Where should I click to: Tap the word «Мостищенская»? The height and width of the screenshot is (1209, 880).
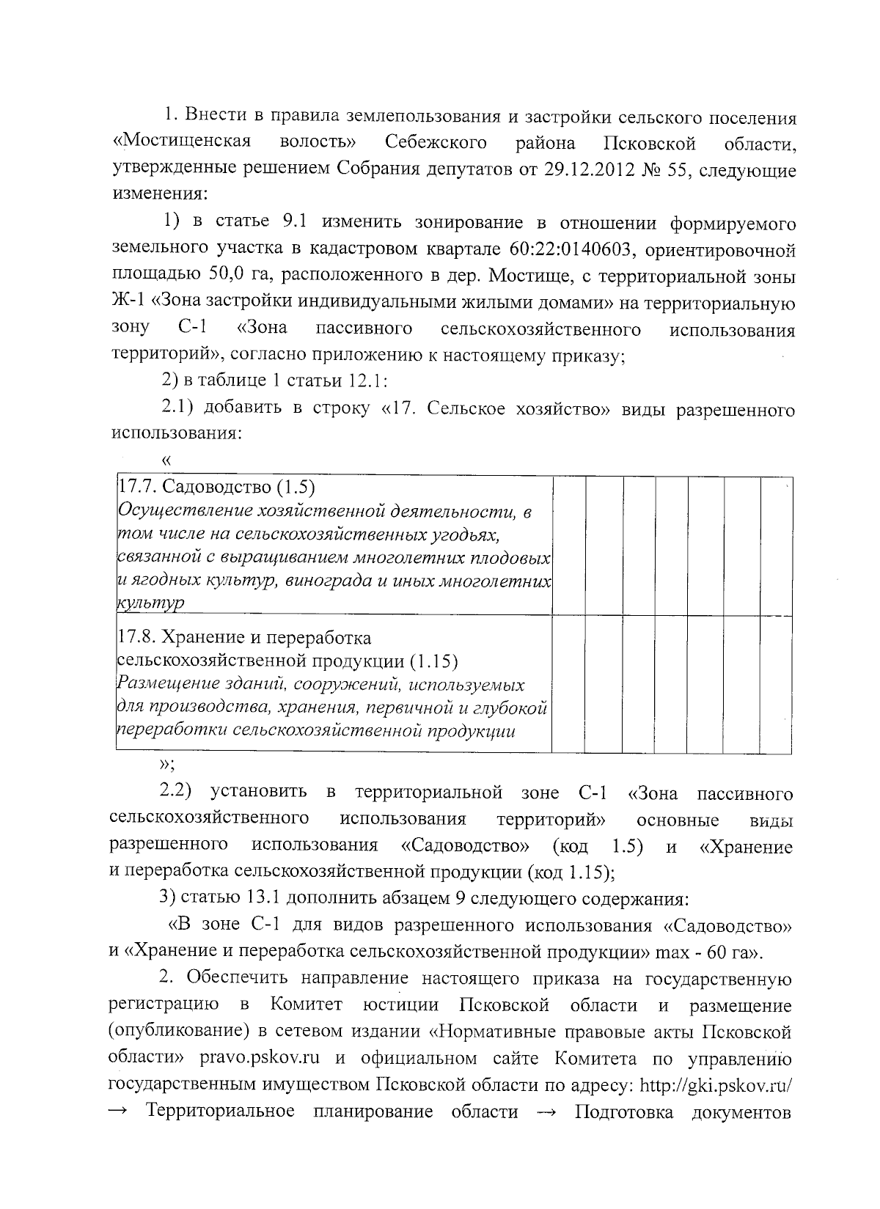(183, 142)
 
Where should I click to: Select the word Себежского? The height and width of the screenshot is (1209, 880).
(436, 142)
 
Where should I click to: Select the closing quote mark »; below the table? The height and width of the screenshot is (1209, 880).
(166, 766)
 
